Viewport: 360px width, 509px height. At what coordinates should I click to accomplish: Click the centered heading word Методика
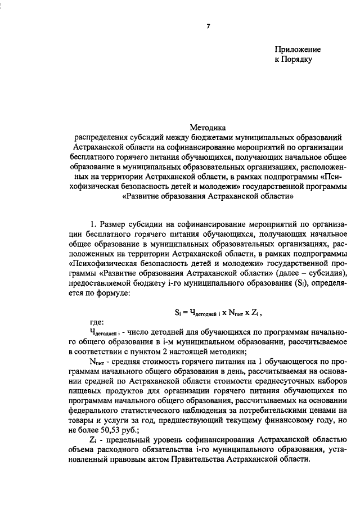click(x=208, y=128)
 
